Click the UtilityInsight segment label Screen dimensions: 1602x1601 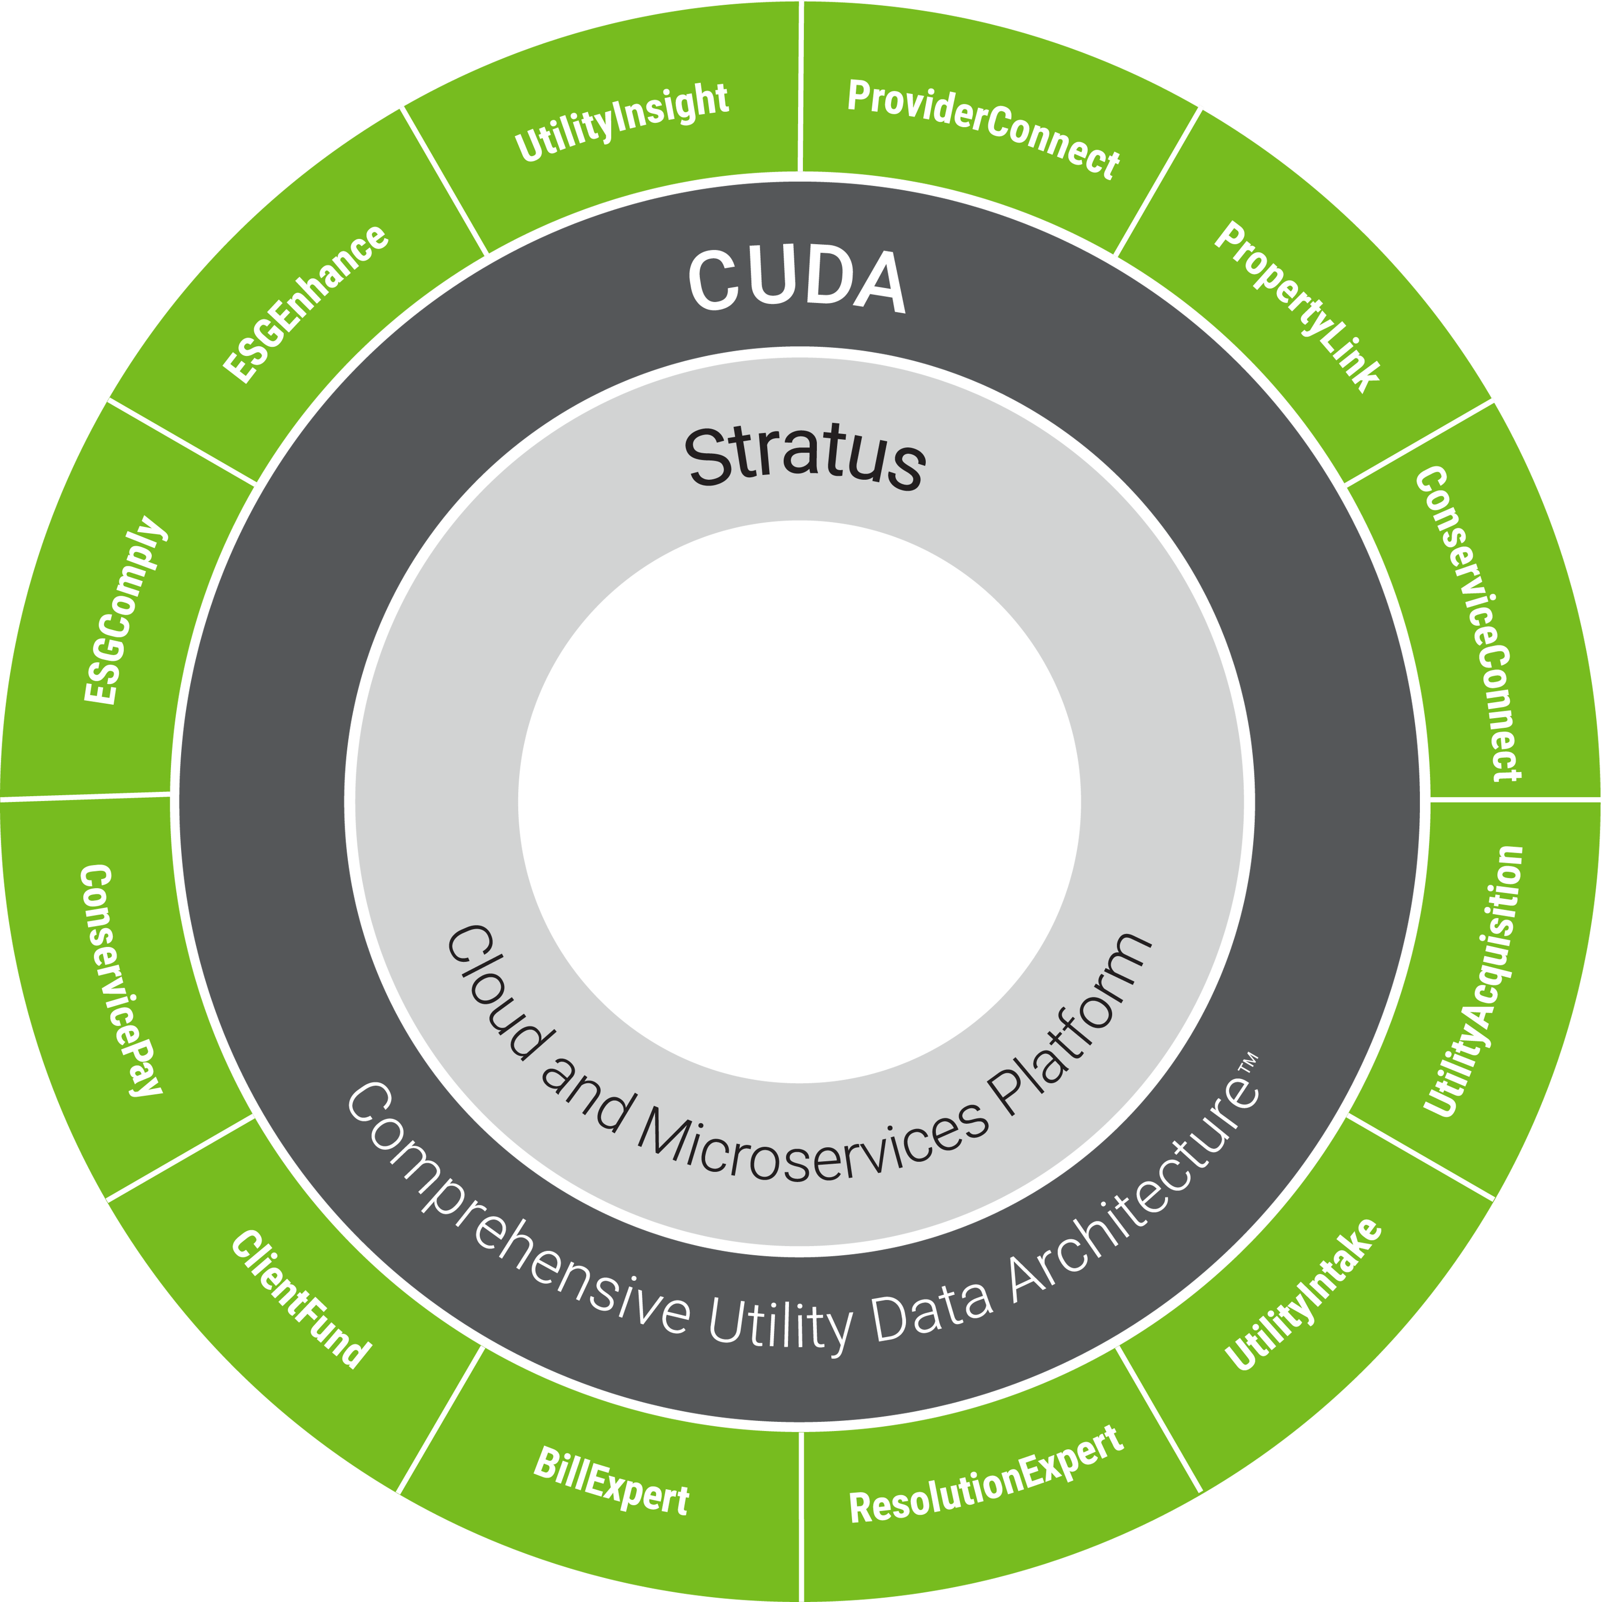pos(622,123)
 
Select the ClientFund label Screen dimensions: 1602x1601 pos(300,1298)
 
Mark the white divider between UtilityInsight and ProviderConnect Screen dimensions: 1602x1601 pos(800,87)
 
